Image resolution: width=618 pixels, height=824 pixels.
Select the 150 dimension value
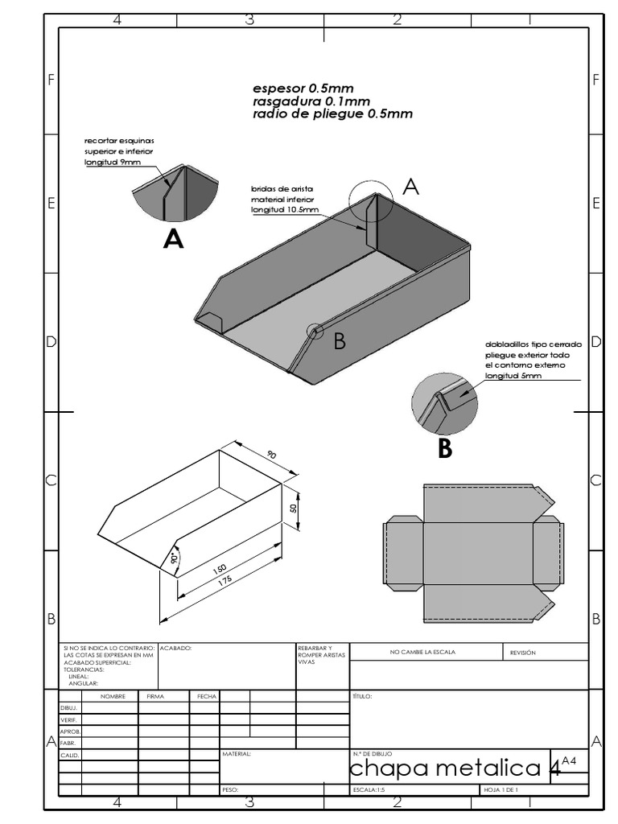[x=219, y=569]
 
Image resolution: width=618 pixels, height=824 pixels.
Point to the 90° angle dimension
[x=173, y=558]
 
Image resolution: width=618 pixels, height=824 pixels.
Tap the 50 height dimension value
[x=294, y=508]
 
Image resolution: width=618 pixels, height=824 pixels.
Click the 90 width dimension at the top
[x=271, y=455]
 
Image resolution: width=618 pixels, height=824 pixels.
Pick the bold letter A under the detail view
[x=173, y=239]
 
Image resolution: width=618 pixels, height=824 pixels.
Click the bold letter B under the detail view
[x=445, y=449]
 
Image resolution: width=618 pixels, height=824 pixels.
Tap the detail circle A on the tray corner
[x=371, y=199]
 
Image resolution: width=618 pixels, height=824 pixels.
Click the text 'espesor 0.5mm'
[x=303, y=89]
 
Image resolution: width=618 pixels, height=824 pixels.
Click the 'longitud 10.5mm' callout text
[x=284, y=209]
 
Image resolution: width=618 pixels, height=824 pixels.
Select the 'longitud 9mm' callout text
[x=113, y=162]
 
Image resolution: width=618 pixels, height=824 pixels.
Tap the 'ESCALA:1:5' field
[x=369, y=790]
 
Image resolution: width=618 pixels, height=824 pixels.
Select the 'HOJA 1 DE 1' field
[x=501, y=790]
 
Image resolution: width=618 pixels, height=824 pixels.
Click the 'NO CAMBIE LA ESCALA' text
[x=422, y=652]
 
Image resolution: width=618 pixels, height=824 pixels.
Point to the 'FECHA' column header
[x=204, y=697]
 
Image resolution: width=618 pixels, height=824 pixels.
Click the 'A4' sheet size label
[x=569, y=760]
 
